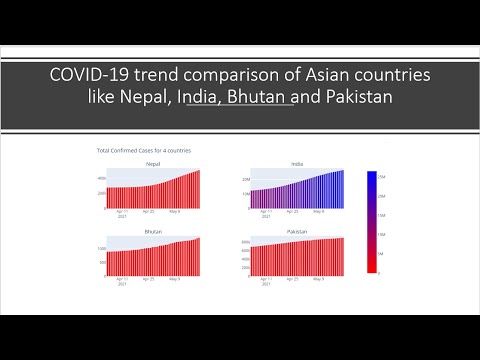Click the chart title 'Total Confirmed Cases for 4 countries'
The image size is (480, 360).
click(143, 150)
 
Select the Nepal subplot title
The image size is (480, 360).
click(153, 163)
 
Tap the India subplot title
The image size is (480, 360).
click(297, 163)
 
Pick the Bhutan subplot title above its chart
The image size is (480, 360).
click(153, 231)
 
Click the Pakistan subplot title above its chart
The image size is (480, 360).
click(297, 231)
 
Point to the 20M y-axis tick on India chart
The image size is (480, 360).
click(246, 179)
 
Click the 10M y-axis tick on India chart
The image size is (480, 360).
click(246, 193)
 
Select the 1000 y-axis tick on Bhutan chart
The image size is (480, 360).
click(101, 247)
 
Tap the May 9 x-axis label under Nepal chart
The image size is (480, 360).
click(177, 212)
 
